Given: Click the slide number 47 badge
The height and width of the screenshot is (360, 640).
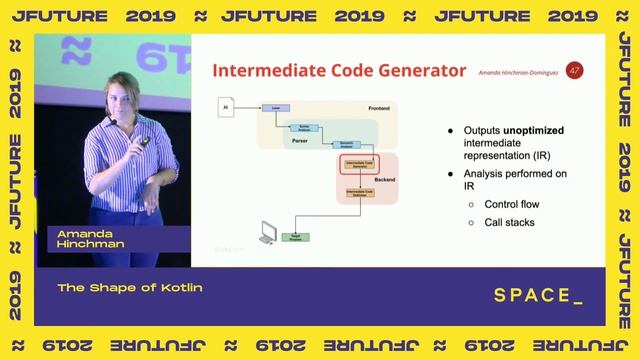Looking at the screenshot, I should pyautogui.click(x=574, y=70).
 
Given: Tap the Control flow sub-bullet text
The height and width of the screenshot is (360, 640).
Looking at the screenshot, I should pyautogui.click(x=513, y=204).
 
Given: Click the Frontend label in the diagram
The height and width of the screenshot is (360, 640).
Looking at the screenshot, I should pyautogui.click(x=379, y=107).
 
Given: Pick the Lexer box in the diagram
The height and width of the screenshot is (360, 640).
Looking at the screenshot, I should pyautogui.click(x=274, y=107).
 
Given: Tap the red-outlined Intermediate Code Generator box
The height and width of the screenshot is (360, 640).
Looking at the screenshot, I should pyautogui.click(x=358, y=162).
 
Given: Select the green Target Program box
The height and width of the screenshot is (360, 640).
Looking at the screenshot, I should pyautogui.click(x=298, y=237).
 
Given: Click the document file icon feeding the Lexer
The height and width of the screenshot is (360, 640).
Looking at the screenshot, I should pyautogui.click(x=226, y=107).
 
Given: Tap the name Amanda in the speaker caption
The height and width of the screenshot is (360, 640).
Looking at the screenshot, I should pyautogui.click(x=81, y=233).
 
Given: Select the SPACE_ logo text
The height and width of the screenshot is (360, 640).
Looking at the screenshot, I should pyautogui.click(x=538, y=296).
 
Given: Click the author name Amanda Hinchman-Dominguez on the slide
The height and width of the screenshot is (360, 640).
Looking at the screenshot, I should pyautogui.click(x=518, y=74).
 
